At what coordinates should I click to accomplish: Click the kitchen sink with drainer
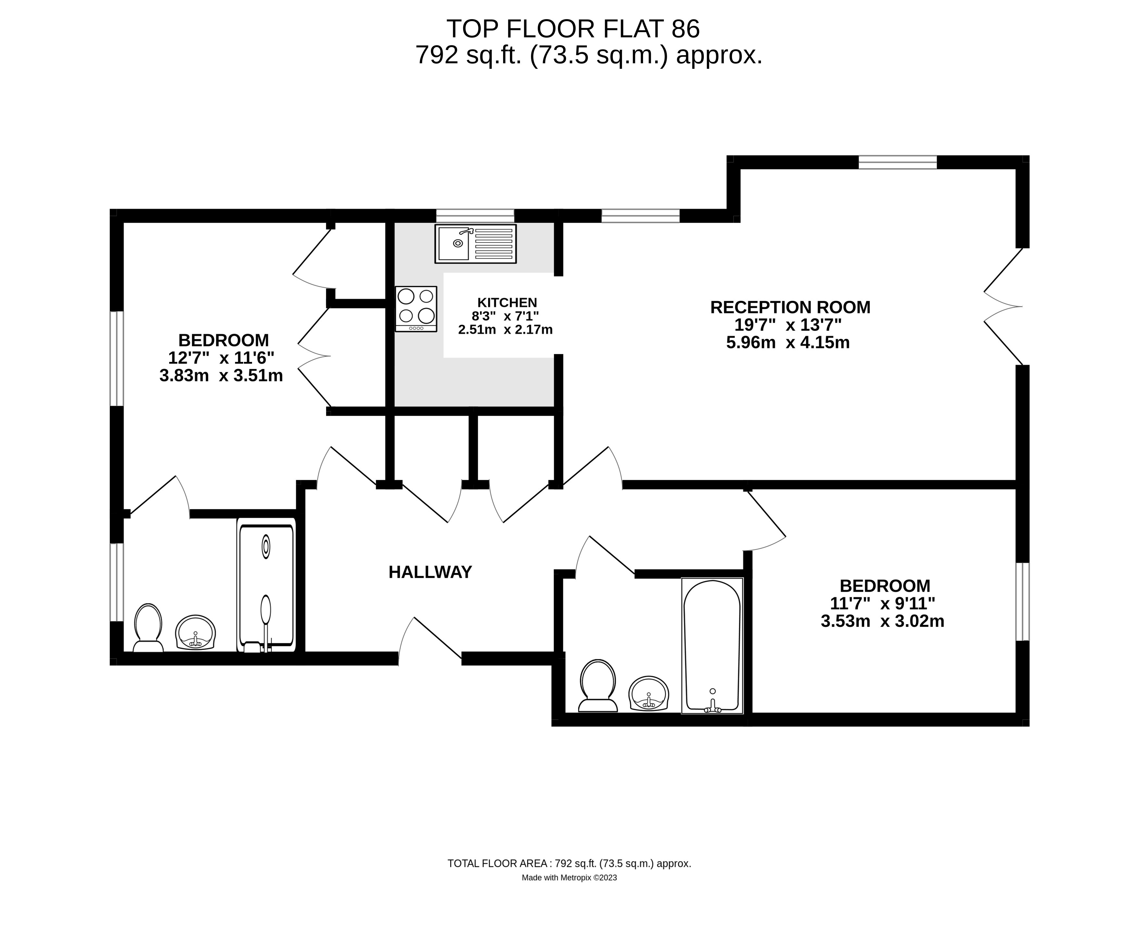(x=475, y=243)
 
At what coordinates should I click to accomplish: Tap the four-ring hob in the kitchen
(x=416, y=309)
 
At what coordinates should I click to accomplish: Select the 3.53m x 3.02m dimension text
(x=882, y=621)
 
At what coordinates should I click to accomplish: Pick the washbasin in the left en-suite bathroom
(x=196, y=633)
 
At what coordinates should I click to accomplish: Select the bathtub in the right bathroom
(x=712, y=646)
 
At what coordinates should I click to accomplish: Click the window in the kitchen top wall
(x=475, y=216)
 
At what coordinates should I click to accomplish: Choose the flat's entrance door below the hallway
(x=430, y=641)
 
